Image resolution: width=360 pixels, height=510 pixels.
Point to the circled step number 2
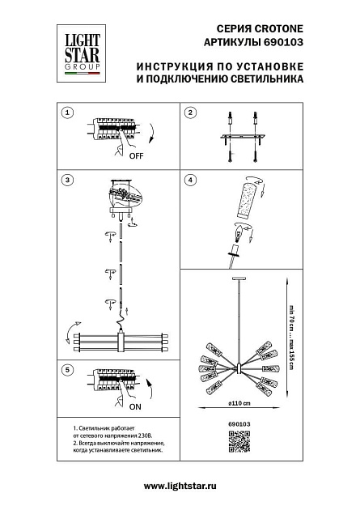click(x=190, y=113)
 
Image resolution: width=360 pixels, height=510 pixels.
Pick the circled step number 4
click(x=190, y=179)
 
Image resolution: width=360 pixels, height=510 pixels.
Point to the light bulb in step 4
click(x=239, y=236)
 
